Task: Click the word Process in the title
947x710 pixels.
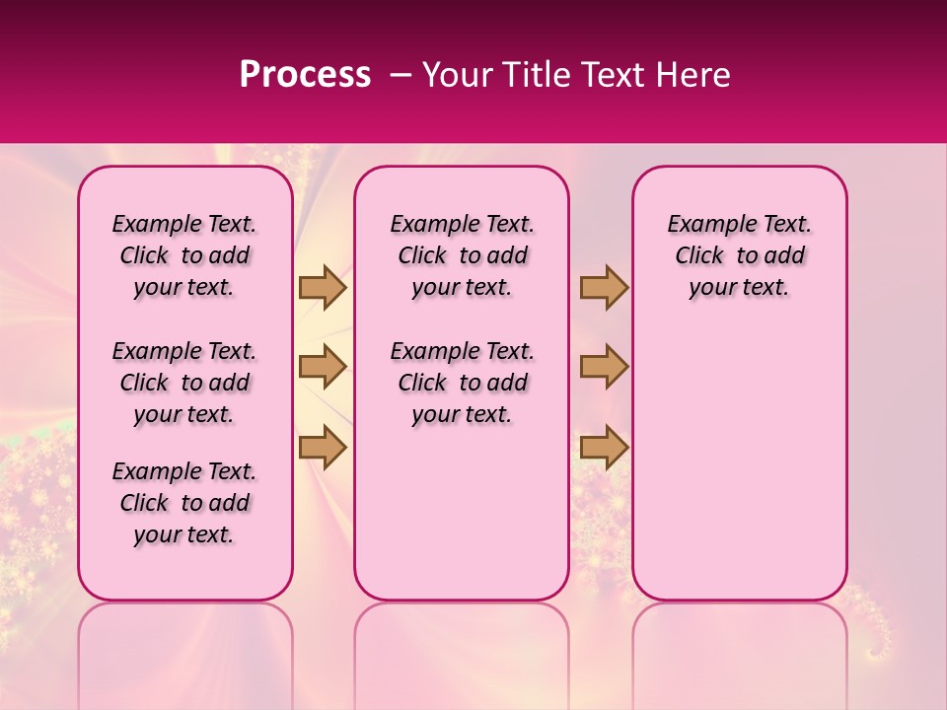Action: (305, 75)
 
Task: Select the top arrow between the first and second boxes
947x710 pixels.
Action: (323, 288)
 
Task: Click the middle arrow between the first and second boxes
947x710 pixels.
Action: (323, 367)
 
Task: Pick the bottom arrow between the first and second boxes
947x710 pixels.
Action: (323, 447)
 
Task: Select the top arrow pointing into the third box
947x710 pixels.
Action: (604, 288)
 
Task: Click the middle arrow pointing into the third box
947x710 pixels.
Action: (604, 367)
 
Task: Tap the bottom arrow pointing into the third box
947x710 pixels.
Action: (604, 447)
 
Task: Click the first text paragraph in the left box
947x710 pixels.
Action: (184, 255)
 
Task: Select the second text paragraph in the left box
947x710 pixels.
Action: (184, 383)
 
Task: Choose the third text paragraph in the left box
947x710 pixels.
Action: (184, 503)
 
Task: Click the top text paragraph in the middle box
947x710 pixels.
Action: (462, 255)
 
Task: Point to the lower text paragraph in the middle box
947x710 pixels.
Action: (462, 383)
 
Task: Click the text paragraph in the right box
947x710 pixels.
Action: (739, 255)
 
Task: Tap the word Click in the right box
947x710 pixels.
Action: (699, 256)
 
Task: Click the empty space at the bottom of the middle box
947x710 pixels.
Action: (462, 523)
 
